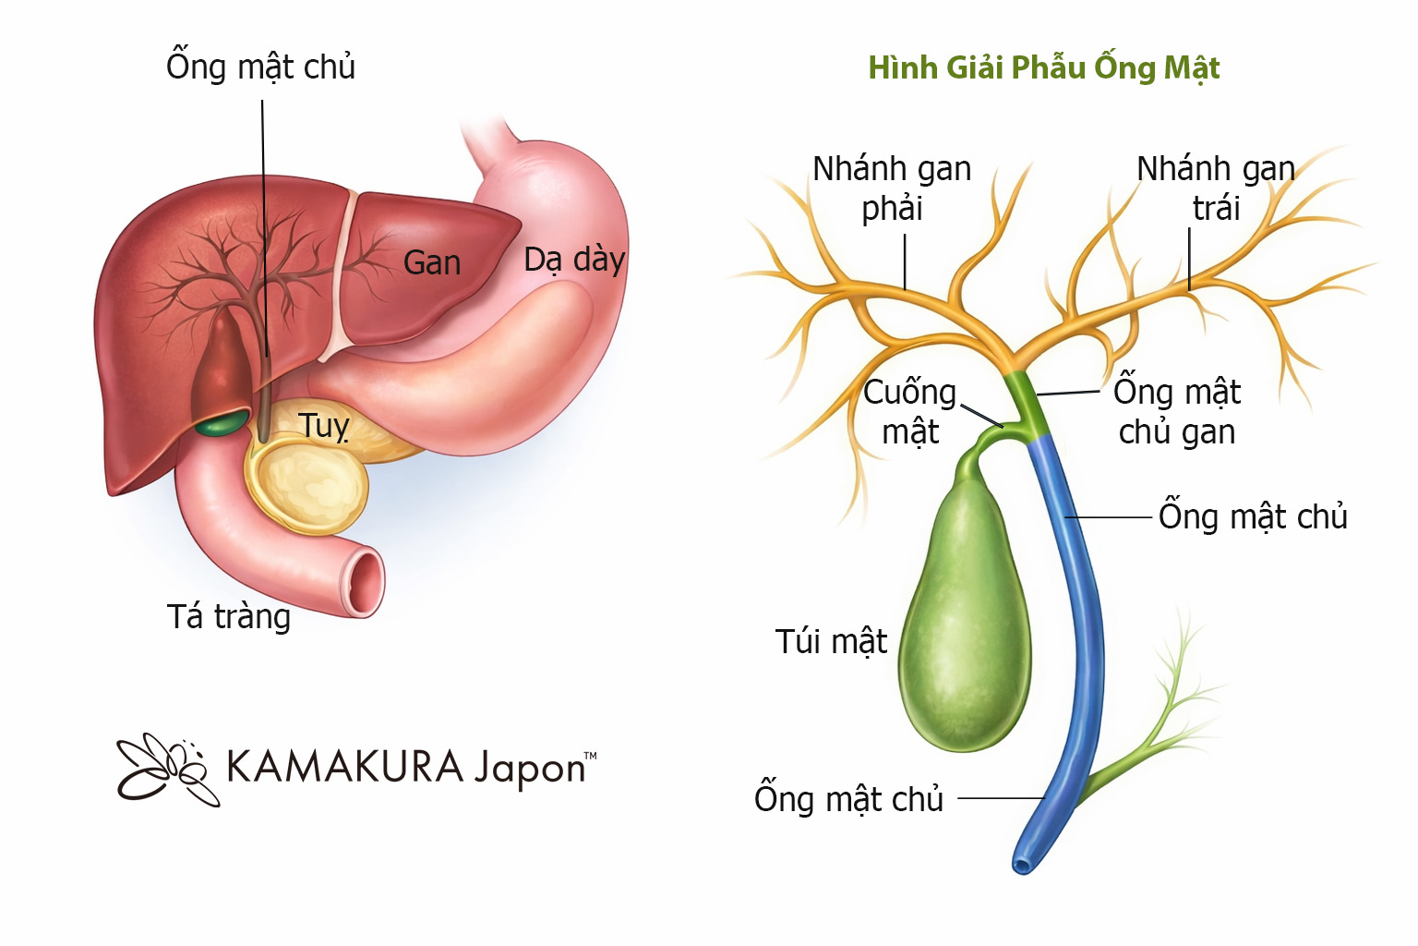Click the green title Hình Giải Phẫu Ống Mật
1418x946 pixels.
1043,67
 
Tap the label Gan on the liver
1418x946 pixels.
431,263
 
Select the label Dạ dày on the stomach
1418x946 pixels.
574,260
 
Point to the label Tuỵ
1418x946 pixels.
323,426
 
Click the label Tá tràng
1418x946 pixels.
228,616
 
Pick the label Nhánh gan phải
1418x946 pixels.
892,188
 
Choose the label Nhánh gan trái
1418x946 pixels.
1216,188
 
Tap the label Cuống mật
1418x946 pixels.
909,412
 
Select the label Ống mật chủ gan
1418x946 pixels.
1176,412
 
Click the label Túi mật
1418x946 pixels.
831,641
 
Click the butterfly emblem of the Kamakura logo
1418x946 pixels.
164,769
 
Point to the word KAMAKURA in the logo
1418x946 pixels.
344,767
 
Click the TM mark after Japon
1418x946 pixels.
591,756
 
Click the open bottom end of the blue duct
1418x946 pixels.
1022,866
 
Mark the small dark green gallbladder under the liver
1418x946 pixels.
222,424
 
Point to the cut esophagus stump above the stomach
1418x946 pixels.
489,139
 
